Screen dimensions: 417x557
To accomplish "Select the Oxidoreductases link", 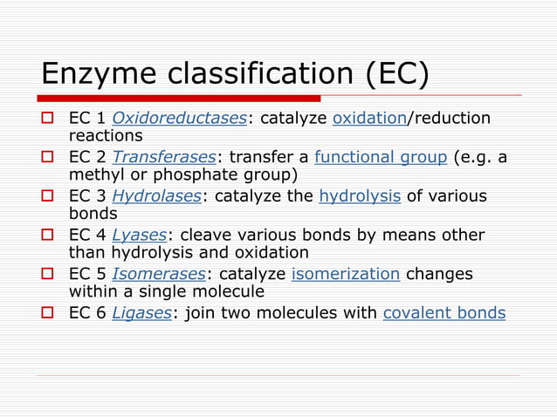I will click(x=180, y=119).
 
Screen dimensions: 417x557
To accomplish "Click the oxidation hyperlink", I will click(x=370, y=119).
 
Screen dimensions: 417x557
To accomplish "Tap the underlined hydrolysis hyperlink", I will click(x=360, y=195).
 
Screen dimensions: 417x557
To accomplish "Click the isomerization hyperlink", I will click(x=346, y=274).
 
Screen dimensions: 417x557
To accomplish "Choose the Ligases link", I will click(x=142, y=313).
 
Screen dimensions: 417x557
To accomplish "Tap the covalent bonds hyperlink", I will click(x=444, y=313).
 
